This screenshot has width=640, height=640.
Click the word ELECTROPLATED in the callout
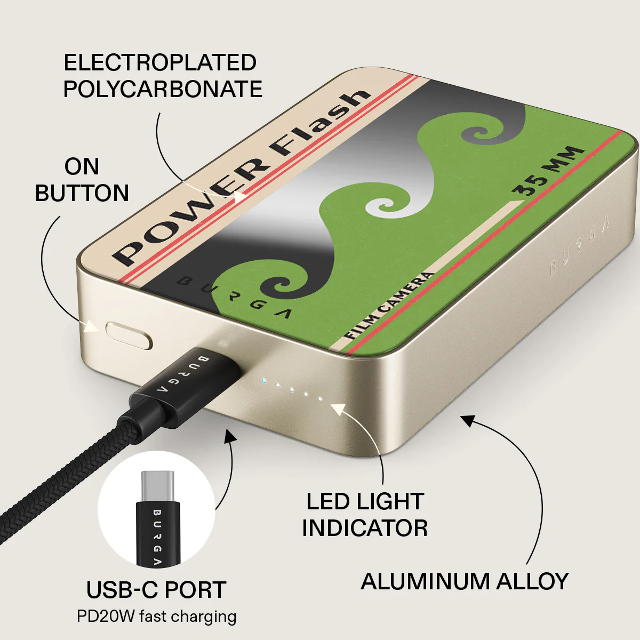pyautogui.click(x=160, y=62)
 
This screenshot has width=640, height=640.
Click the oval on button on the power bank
pyautogui.click(x=129, y=336)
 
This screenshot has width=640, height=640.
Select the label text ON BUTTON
pyautogui.click(x=82, y=180)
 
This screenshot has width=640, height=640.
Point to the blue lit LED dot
pyautogui.click(x=263, y=380)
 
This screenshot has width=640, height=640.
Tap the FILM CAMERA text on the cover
pyautogui.click(x=389, y=305)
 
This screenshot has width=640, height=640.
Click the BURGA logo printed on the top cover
pyautogui.click(x=234, y=298)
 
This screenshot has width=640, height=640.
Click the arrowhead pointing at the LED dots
pyautogui.click(x=338, y=409)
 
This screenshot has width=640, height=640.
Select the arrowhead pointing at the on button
pyautogui.click(x=91, y=326)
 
